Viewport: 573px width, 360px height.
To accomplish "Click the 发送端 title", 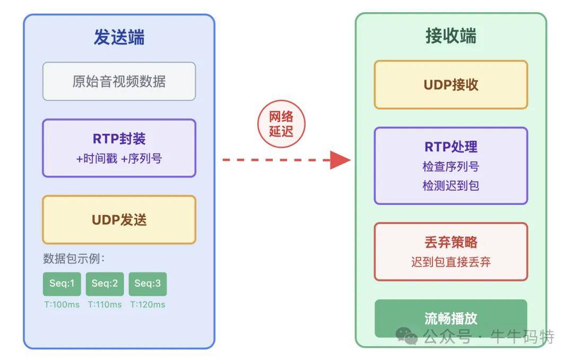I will [x=119, y=38].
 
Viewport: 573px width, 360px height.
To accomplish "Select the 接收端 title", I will [x=450, y=36].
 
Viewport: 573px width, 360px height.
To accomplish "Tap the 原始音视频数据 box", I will [x=119, y=81].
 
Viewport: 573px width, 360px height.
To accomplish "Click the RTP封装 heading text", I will [x=119, y=139].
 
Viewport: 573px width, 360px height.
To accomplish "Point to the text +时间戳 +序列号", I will [x=119, y=158].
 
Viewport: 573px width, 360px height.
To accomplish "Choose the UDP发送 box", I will [x=119, y=220].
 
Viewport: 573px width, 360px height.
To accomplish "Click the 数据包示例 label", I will [x=74, y=259].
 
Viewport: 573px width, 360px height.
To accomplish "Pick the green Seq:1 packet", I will [x=62, y=284].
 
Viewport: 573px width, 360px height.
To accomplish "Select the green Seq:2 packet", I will [x=105, y=284].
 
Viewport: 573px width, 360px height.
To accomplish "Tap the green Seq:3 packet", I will [x=147, y=284].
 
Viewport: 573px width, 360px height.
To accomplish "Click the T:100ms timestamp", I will [x=62, y=305].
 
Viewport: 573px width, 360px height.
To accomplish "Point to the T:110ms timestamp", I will [x=105, y=305].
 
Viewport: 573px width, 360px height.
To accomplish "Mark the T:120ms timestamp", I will [x=147, y=305].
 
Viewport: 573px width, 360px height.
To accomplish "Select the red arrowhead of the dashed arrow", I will [x=340, y=159].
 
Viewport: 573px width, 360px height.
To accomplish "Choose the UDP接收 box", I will [x=450, y=85].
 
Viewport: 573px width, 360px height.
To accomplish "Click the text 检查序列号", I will [x=450, y=166].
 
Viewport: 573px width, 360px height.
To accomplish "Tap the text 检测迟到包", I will [x=450, y=186].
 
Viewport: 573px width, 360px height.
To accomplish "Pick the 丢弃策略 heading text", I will [x=450, y=243].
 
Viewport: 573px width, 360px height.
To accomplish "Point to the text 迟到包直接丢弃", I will [x=450, y=262].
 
